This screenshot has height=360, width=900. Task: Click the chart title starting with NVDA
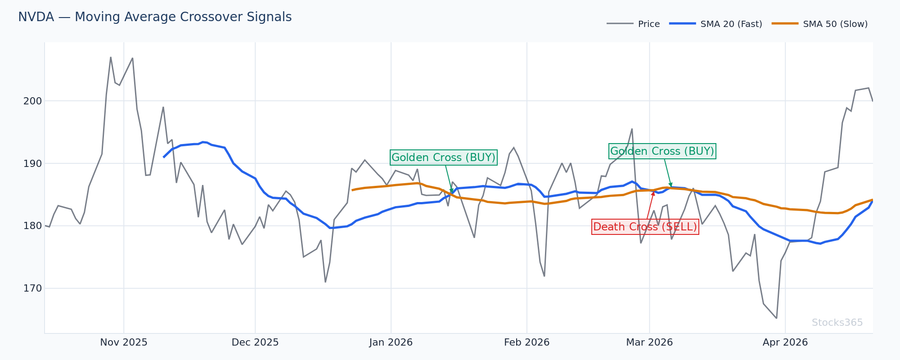tap(155, 18)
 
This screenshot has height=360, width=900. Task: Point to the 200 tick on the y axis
tap(32, 101)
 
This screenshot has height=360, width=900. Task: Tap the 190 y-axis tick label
tap(32, 163)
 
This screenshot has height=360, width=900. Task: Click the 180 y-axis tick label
tap(32, 226)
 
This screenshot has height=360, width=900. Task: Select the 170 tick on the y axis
tap(32, 288)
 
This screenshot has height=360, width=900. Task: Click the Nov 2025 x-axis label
tap(124, 343)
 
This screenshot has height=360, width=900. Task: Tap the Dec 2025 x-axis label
tap(255, 343)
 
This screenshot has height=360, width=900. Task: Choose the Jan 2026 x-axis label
tap(391, 343)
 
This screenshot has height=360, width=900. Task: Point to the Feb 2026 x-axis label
tap(526, 343)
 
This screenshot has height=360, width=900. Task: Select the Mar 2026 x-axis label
tap(649, 343)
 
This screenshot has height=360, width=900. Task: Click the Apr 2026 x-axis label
tap(785, 343)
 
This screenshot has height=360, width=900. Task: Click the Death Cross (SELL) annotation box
tap(645, 227)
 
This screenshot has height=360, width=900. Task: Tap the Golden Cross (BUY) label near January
tap(443, 157)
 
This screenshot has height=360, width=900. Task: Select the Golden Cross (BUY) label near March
tap(662, 151)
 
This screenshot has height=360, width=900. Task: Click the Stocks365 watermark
tap(837, 323)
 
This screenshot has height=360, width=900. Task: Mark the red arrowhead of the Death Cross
tap(653, 193)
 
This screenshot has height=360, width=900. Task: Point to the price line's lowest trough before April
tap(776, 318)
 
